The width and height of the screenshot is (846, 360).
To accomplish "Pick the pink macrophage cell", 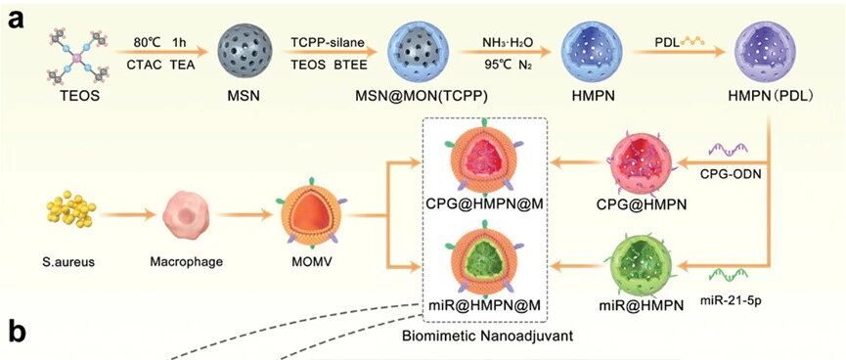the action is [x=187, y=215].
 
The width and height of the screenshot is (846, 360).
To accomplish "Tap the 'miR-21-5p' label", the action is [x=733, y=296].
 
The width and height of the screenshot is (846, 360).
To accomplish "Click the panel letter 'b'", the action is [x=18, y=333].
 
